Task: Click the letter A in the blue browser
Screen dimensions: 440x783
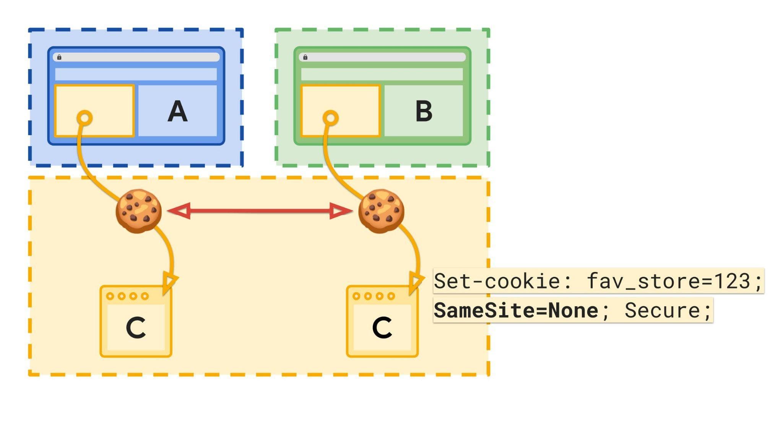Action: coord(177,111)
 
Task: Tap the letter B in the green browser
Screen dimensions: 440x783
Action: coord(424,111)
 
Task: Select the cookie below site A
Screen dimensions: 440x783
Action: coord(138,211)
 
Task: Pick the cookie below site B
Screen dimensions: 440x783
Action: coord(381,211)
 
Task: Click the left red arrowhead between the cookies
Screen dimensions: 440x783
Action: coord(180,211)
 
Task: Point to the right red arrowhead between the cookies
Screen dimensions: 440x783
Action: coord(340,211)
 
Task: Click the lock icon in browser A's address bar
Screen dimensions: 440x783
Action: coord(59,57)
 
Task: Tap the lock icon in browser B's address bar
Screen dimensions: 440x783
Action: coord(305,57)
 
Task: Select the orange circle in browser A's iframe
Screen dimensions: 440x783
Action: coord(84,118)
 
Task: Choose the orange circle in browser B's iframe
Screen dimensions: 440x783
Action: coord(331,118)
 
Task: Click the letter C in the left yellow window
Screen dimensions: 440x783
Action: coord(136,328)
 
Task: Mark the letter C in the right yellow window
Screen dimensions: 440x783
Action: coord(382,328)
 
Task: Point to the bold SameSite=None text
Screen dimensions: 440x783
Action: coord(516,310)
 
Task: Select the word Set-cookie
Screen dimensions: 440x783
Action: coord(497,281)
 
